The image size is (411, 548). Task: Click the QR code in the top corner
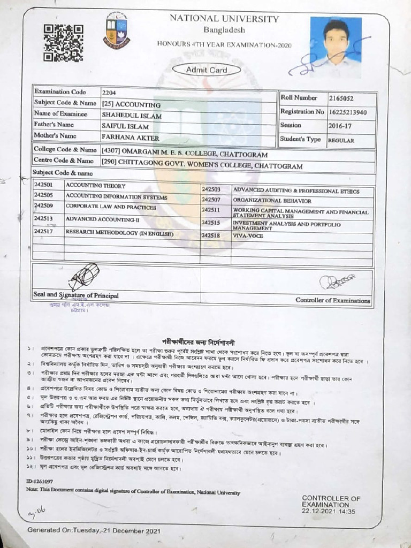pyautogui.click(x=63, y=42)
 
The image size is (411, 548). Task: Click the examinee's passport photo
pyautogui.click(x=336, y=47)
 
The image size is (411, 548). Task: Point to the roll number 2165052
pyautogui.click(x=341, y=98)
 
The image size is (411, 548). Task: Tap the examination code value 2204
pyautogui.click(x=109, y=93)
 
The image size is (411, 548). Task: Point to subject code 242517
pyautogui.click(x=43, y=232)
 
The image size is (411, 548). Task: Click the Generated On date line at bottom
pyautogui.click(x=94, y=530)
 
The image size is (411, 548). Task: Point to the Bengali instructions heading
pyautogui.click(x=199, y=341)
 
